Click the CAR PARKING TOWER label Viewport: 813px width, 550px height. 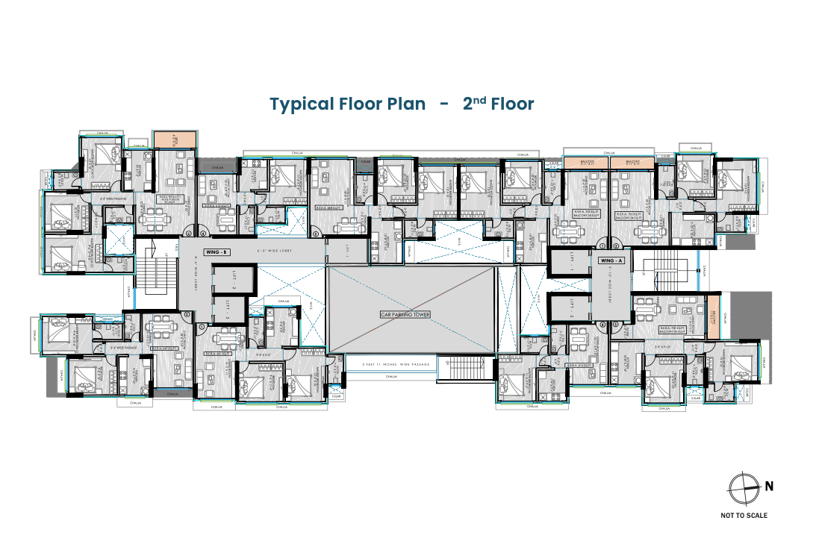click(411, 315)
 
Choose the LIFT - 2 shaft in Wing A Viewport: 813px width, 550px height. click(570, 309)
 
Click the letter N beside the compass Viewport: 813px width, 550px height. click(769, 487)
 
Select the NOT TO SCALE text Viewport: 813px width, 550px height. click(744, 515)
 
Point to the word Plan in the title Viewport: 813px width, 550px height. click(406, 104)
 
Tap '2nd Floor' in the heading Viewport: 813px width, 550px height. click(498, 104)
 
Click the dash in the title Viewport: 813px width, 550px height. click(444, 104)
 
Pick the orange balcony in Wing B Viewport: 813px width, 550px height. click(175, 140)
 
